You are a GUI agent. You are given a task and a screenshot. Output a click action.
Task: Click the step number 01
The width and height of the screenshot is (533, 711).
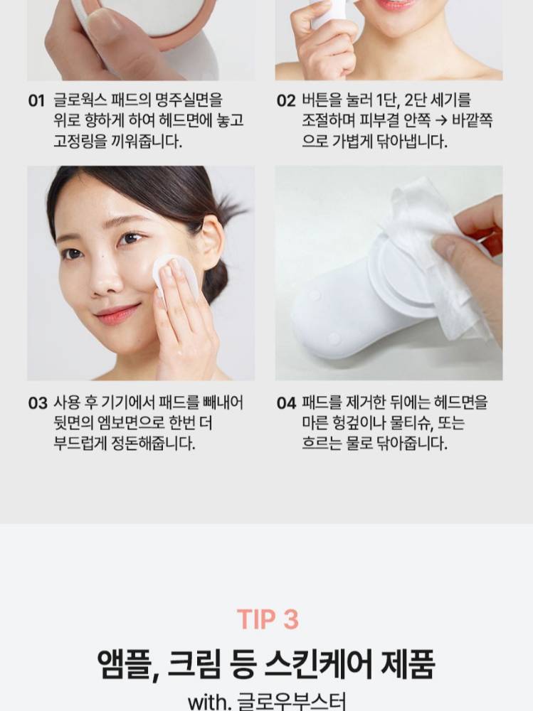coord(36,101)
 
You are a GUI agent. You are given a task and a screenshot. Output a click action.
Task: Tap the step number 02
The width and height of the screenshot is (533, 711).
coord(286,101)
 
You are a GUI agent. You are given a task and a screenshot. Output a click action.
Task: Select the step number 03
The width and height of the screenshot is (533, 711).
coord(37,403)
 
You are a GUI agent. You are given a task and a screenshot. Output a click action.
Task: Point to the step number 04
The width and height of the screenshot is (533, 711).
coord(286,403)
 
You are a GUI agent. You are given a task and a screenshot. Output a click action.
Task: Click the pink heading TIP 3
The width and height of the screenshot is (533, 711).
coord(268,619)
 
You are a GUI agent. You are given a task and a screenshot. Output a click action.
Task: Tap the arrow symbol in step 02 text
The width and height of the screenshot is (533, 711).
coord(440,121)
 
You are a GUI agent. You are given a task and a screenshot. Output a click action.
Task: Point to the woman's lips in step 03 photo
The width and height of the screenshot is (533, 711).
coord(117,314)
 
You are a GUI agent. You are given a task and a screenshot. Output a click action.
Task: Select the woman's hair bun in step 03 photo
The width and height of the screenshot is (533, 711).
coord(217,280)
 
